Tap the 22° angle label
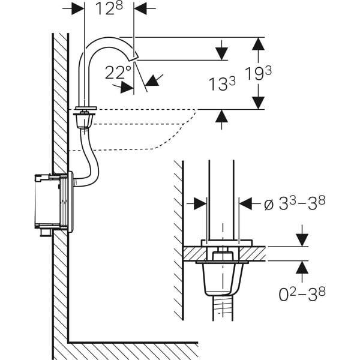[118, 73]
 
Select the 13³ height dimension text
[223, 85]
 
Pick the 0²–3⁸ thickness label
[302, 294]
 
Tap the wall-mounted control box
[53, 202]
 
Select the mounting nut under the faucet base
[84, 121]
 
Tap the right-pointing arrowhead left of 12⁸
[77, 9]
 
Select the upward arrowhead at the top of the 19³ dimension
[258, 43]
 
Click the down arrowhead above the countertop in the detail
[302, 239]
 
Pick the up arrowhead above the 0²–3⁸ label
[302, 268]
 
